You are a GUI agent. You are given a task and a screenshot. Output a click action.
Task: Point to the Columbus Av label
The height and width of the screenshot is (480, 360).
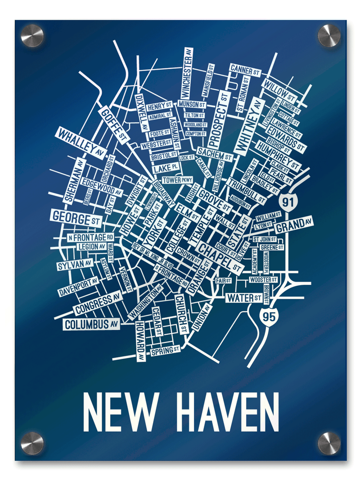[92, 324]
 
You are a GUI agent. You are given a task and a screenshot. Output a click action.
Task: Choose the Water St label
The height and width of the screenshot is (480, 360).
[244, 297]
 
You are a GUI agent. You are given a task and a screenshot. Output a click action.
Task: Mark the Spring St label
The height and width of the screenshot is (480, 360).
[165, 350]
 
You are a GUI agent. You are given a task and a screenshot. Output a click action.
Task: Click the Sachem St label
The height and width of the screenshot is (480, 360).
[214, 155]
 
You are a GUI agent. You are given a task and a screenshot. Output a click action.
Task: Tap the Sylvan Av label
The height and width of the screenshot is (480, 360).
[74, 265]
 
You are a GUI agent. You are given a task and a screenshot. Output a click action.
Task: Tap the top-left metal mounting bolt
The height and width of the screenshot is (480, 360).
[32, 36]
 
